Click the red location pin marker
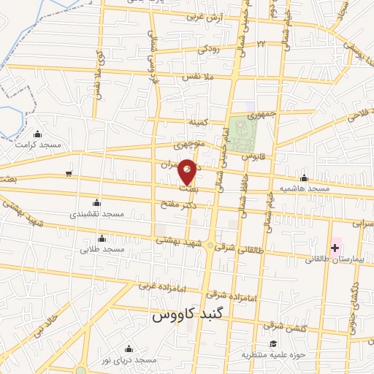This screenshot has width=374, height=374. coord(187,172)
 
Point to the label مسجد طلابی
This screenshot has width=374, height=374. coord(104,249)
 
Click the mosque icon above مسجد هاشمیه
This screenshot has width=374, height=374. coord(304,178)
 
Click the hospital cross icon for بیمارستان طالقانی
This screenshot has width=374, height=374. coord(335,248)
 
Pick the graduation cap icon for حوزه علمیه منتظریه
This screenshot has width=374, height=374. coord(272,344)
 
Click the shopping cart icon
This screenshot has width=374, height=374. coord(68,174)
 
